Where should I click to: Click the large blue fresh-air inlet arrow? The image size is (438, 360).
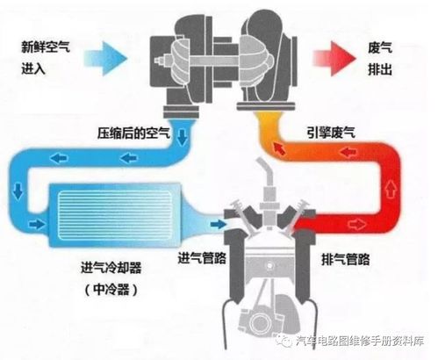(107, 58)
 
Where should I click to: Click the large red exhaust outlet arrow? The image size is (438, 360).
(334, 58)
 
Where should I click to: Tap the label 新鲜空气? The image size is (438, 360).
(46, 47)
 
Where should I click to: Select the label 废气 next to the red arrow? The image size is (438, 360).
(380, 47)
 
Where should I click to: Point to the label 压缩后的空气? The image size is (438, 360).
(133, 133)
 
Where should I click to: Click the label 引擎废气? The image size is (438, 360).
(331, 133)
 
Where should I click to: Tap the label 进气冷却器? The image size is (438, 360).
(111, 268)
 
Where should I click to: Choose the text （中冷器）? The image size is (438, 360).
(111, 290)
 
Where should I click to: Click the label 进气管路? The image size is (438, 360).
(202, 258)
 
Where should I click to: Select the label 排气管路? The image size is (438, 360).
(345, 259)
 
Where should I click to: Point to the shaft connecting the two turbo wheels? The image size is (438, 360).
(213, 61)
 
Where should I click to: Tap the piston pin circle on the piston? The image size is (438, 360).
(269, 266)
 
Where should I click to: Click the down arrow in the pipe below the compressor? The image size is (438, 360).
(183, 137)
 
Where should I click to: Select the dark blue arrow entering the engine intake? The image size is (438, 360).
(219, 225)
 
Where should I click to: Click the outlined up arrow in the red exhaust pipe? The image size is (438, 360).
(390, 190)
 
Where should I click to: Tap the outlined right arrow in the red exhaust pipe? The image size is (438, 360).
(356, 225)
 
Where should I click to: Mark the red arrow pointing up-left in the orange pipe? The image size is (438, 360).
(279, 148)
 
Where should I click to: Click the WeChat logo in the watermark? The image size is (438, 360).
(284, 341)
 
